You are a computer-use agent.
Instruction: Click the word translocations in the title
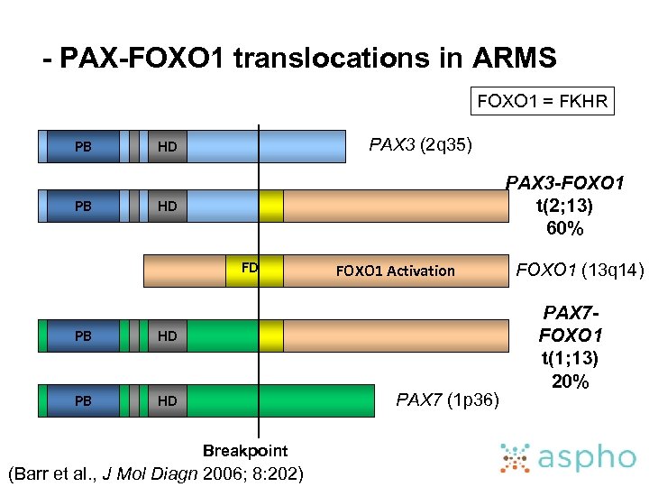345,60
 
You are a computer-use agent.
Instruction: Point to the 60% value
565,228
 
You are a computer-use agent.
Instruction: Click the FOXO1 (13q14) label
580,269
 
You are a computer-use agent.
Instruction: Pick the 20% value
571,381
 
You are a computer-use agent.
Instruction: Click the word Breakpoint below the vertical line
245,450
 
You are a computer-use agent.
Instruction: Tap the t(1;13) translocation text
571,358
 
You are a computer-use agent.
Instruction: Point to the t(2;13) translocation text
565,206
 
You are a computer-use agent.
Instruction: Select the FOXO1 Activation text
395,271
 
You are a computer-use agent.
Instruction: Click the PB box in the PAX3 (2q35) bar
83,146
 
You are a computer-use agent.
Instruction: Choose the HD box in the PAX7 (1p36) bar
167,400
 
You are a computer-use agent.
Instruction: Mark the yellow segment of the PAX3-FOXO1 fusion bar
270,206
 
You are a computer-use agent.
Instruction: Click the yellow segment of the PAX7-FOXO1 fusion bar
270,335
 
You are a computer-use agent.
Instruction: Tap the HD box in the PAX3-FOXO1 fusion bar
167,207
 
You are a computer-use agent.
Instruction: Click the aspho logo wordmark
590,457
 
